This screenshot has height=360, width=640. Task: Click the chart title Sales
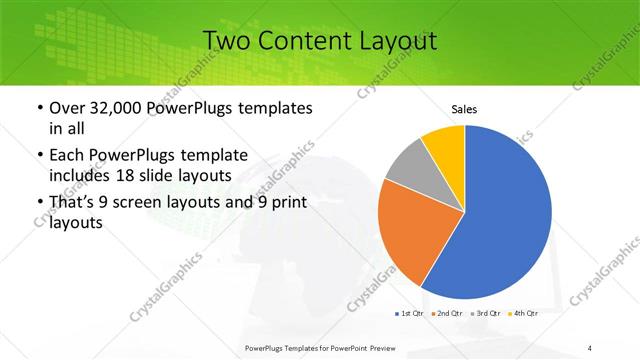[x=464, y=108]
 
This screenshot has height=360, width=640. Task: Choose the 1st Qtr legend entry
[x=411, y=314]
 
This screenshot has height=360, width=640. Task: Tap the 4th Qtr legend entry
[x=527, y=314]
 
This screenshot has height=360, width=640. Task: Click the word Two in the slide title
[x=227, y=41]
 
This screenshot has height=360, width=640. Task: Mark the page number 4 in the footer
[x=591, y=347]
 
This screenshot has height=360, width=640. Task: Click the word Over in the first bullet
[x=68, y=107]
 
